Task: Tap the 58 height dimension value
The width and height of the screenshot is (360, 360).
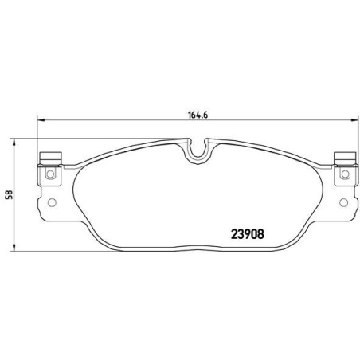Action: coord(10,194)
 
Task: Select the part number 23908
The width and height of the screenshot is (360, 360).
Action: coord(248,234)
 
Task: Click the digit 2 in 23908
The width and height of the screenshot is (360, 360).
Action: coord(232,234)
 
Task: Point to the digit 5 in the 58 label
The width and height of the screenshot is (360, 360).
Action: coord(10,197)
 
